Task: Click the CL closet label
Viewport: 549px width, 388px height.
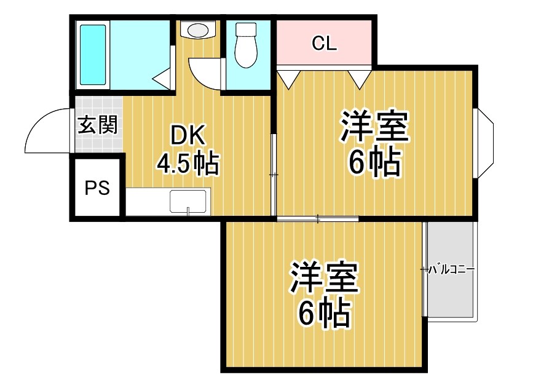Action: [324, 43]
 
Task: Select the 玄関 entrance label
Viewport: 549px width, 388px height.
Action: [97, 125]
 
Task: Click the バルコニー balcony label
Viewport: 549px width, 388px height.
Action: [451, 269]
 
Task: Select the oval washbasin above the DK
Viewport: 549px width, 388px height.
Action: [197, 30]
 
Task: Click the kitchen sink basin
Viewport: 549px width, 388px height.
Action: [188, 202]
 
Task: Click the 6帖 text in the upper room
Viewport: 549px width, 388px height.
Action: [374, 162]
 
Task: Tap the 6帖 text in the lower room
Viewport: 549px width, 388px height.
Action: [324, 314]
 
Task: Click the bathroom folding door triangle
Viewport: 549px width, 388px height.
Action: [162, 78]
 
